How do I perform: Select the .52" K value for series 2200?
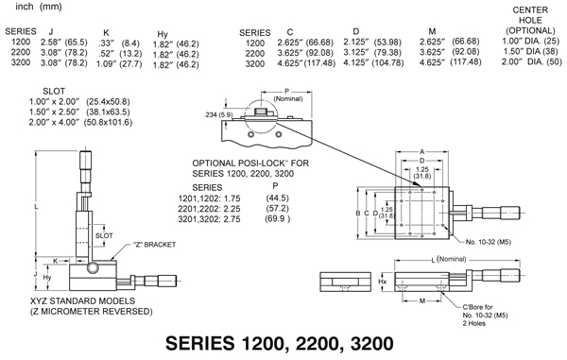coord(112,53)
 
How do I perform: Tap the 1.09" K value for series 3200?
coord(112,64)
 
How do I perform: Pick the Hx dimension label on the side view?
coord(383,282)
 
